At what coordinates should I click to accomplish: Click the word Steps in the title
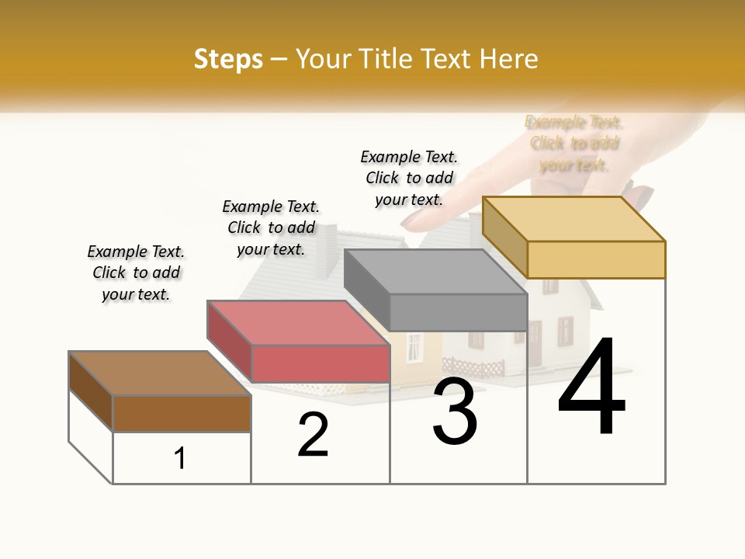(228, 59)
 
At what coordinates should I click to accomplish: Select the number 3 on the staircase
(455, 412)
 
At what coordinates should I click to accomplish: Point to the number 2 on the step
(314, 436)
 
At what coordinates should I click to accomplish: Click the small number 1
(180, 459)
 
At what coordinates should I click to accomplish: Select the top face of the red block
(298, 322)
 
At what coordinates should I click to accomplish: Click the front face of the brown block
(182, 413)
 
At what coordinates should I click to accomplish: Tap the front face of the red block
(320, 363)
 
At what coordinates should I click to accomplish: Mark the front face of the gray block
(458, 313)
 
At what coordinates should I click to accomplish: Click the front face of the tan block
(596, 259)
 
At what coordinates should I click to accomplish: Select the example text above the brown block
(136, 273)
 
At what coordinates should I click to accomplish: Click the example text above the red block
(271, 227)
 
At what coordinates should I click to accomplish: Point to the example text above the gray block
(409, 178)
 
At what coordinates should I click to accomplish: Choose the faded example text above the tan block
(573, 144)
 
